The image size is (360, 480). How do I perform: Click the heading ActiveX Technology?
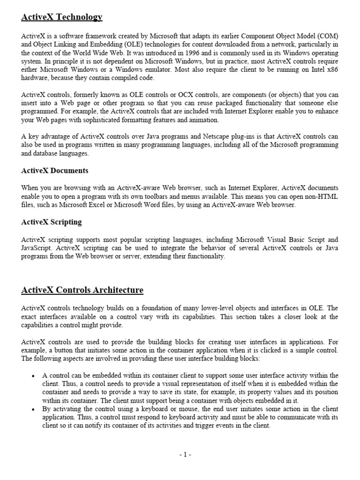click(x=61, y=17)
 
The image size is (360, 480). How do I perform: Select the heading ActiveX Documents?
click(x=54, y=170)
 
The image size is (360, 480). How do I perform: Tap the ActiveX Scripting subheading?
click(x=52, y=222)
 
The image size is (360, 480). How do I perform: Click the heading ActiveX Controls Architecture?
click(x=82, y=290)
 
